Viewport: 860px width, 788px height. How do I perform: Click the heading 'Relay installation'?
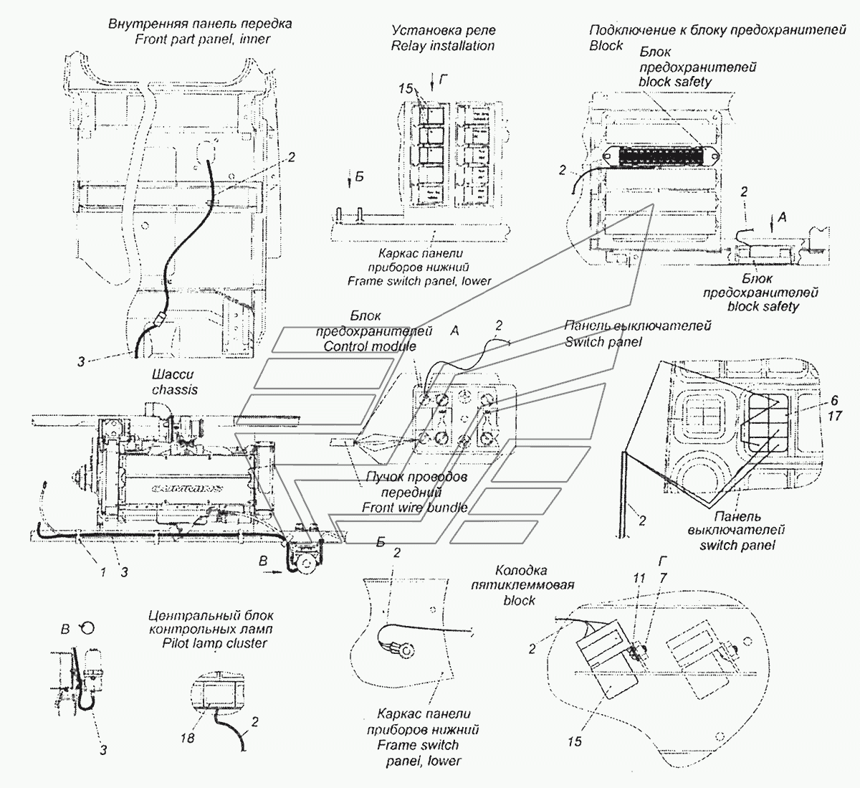(x=442, y=45)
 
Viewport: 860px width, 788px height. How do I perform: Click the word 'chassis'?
(x=174, y=389)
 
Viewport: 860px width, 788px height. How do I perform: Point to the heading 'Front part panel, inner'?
(x=203, y=39)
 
